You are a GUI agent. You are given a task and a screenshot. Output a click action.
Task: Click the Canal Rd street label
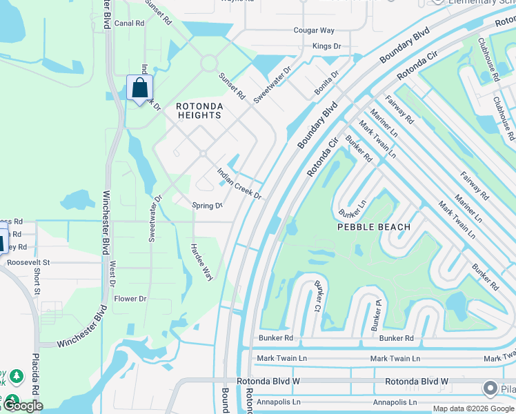point(129,23)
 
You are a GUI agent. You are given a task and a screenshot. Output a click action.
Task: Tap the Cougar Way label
point(314,30)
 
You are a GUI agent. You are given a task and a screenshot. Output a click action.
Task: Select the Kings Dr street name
point(326,46)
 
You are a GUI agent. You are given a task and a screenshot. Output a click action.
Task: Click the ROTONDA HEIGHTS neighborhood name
point(199,110)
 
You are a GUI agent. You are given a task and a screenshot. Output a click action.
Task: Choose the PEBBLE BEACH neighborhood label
point(373,226)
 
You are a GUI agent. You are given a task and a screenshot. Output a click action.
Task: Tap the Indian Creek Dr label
point(239,184)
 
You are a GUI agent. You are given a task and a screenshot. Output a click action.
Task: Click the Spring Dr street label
point(207,206)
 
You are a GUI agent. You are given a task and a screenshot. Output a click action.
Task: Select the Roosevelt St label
point(28,262)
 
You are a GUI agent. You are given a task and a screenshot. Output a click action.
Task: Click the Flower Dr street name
point(130,299)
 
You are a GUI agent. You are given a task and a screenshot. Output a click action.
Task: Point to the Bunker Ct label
point(319,297)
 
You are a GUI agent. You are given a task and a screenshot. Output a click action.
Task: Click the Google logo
point(23,406)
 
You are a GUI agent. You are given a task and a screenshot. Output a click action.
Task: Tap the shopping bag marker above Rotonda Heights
point(140,88)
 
